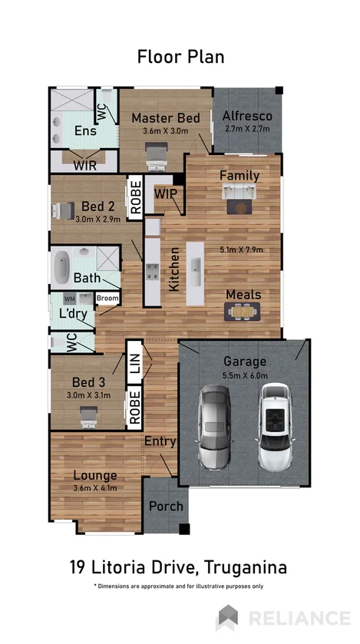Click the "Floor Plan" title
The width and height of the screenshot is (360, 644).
pos(180,56)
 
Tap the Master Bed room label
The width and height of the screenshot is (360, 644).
pos(165,118)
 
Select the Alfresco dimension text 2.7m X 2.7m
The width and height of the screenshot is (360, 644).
pos(246,129)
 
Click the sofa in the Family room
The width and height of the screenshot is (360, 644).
pos(239,203)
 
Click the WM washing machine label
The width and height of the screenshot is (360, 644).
pos(69,299)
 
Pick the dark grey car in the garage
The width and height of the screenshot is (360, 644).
pos(216,428)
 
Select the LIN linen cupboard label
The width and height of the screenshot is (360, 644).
pos(135,362)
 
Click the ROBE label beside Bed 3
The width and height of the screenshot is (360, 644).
pos(135,408)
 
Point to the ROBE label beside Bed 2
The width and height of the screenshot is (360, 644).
pos(135,196)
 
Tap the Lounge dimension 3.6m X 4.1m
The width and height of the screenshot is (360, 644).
pos(95,488)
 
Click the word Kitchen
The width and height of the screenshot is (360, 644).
pos(175,268)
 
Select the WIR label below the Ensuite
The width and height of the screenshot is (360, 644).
pos(84,164)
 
